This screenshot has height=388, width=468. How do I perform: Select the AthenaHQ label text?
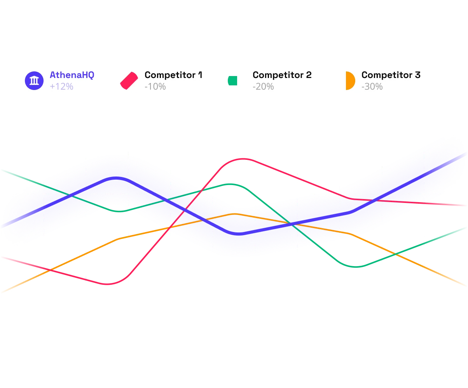tap(72, 75)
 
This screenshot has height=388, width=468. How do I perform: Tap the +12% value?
tap(61, 87)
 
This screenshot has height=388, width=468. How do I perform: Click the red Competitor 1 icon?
tap(129, 81)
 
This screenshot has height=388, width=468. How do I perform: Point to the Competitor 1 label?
tap(173, 75)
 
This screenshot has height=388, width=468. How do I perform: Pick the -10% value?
tap(155, 87)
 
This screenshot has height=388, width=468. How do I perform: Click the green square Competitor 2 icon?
tap(232, 81)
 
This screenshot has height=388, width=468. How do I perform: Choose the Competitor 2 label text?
tap(282, 75)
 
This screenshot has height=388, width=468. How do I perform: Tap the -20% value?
tap(263, 87)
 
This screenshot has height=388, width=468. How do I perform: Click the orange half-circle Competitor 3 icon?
tap(350, 81)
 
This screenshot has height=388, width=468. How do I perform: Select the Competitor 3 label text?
tap(391, 75)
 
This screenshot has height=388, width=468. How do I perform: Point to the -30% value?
tap(372, 87)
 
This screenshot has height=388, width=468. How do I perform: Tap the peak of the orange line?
tap(235, 213)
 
